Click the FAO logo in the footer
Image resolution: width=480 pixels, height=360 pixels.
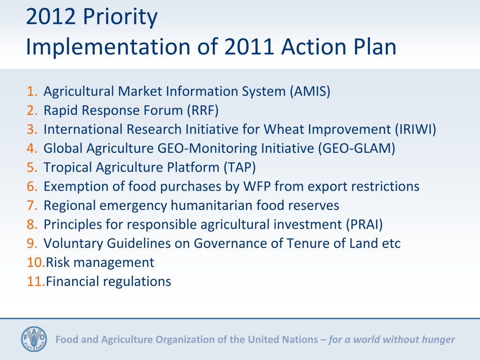[x=34, y=339]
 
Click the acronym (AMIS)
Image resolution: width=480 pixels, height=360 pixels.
[x=310, y=91]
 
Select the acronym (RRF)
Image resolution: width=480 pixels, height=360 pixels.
[x=203, y=111]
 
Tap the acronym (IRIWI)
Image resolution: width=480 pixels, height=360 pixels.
[x=415, y=129]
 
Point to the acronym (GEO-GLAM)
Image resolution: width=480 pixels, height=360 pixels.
[x=357, y=149]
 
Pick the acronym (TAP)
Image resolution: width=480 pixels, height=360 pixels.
[x=240, y=167]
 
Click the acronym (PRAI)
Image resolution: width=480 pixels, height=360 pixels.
[x=365, y=225]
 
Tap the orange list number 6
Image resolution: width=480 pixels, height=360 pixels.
[x=32, y=187]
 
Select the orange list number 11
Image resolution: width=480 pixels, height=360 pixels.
[x=36, y=282]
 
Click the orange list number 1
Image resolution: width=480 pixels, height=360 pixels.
[x=32, y=91]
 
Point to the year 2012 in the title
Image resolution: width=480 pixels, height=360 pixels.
[x=51, y=16]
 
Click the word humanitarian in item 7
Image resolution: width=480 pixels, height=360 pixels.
[x=211, y=205]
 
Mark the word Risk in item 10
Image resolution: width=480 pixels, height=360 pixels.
[x=58, y=262]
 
